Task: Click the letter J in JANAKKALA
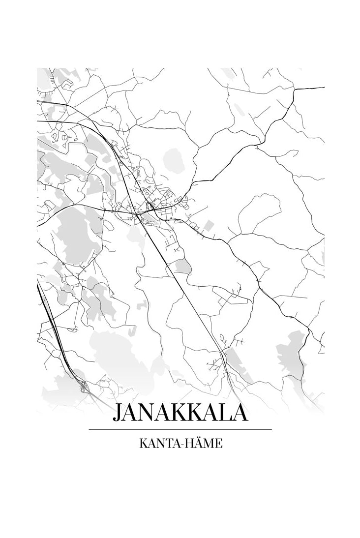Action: pyautogui.click(x=117, y=414)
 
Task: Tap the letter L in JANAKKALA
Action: pyautogui.click(x=222, y=414)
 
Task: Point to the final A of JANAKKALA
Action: pyautogui.click(x=238, y=414)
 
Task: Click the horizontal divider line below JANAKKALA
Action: pyautogui.click(x=180, y=429)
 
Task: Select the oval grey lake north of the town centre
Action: pyautogui.click(x=173, y=159)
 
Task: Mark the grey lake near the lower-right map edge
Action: pyautogui.click(x=290, y=352)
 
